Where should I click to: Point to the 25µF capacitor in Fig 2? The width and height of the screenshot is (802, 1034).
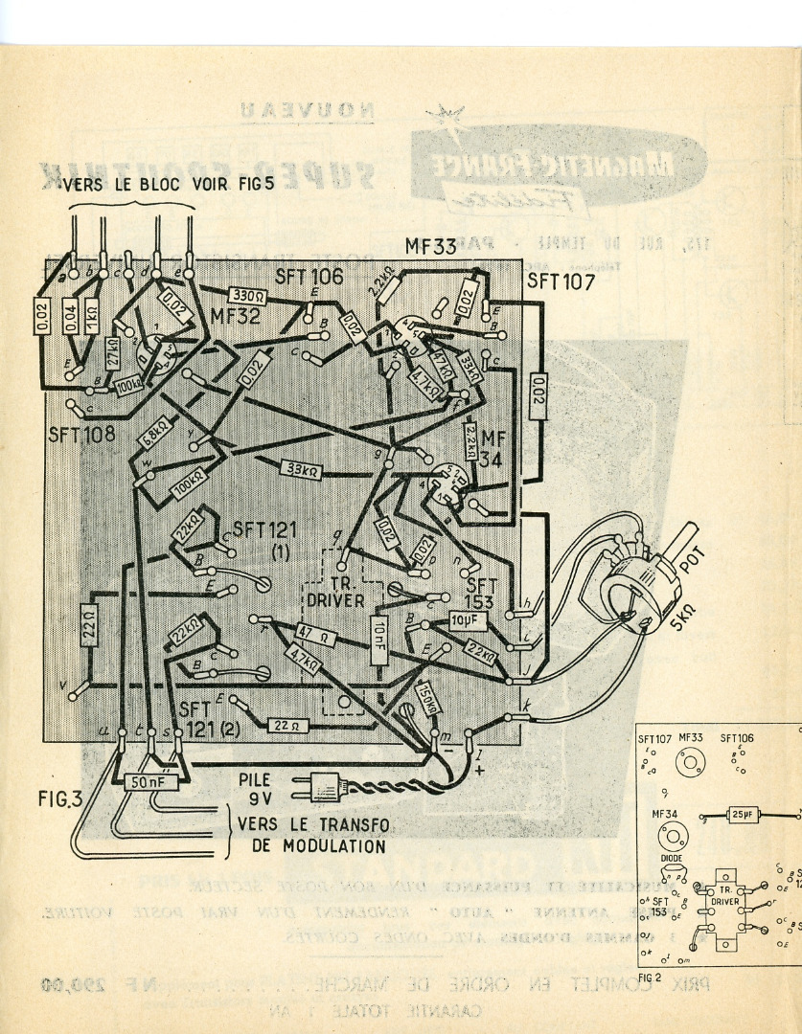741,814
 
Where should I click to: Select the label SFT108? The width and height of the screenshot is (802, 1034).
81,434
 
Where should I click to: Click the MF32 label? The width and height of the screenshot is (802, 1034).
235,316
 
